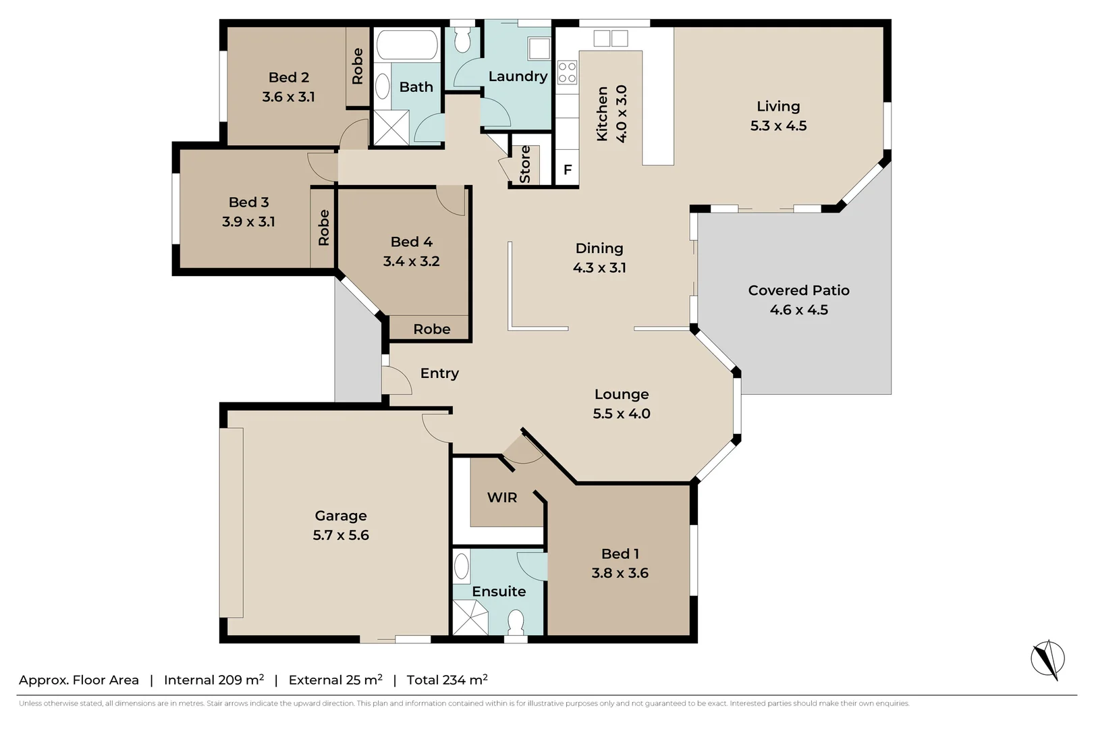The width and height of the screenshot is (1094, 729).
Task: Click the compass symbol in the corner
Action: click(x=1047, y=659)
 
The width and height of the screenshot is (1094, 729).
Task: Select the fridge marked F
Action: click(x=568, y=169)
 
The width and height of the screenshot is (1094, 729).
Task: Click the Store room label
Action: click(x=525, y=165)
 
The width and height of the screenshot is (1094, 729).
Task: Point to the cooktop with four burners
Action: click(x=568, y=72)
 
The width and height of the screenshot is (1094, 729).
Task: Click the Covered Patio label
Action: click(x=798, y=290)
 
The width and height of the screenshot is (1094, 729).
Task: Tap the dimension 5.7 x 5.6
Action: click(x=341, y=535)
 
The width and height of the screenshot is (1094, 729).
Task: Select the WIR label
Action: click(x=502, y=497)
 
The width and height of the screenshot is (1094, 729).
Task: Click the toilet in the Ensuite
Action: click(x=516, y=622)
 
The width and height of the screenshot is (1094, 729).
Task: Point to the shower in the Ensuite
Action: click(x=470, y=617)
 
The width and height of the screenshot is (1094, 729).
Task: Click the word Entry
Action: click(x=439, y=373)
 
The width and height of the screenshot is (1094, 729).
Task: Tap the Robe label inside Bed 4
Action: click(x=431, y=329)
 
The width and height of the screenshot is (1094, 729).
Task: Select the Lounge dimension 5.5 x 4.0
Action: click(x=622, y=414)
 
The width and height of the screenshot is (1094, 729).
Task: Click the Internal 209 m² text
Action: click(x=213, y=680)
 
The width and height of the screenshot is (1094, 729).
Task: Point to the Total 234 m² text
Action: click(x=447, y=680)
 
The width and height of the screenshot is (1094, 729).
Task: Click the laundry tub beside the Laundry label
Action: click(x=539, y=49)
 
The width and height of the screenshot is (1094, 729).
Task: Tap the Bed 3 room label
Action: click(x=248, y=202)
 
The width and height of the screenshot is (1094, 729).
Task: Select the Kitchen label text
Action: click(x=602, y=113)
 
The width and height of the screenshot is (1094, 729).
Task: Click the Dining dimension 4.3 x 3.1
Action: click(x=599, y=268)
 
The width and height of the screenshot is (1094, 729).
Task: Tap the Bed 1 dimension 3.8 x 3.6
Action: click(x=620, y=573)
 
